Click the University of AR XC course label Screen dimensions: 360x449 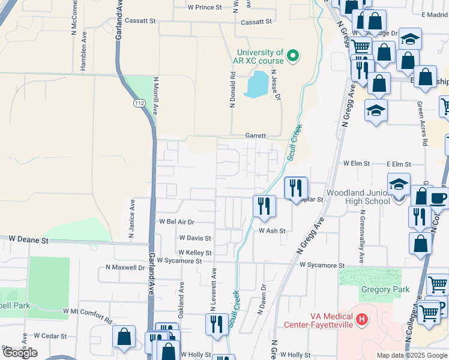tap(260, 56)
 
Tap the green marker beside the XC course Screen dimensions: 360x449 tap(293, 56)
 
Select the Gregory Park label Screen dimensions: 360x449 tap(385, 290)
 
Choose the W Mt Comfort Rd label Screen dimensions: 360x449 tap(87, 313)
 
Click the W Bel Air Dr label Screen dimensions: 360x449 tap(177, 221)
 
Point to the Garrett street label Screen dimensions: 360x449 tap(255, 136)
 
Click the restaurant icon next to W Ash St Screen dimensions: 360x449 tap(264, 206)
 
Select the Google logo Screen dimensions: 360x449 tap(19, 353)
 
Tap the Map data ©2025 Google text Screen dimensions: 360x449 tap(412, 355)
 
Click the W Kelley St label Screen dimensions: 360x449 tap(194, 253)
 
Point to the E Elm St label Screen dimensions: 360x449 tap(399, 164)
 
